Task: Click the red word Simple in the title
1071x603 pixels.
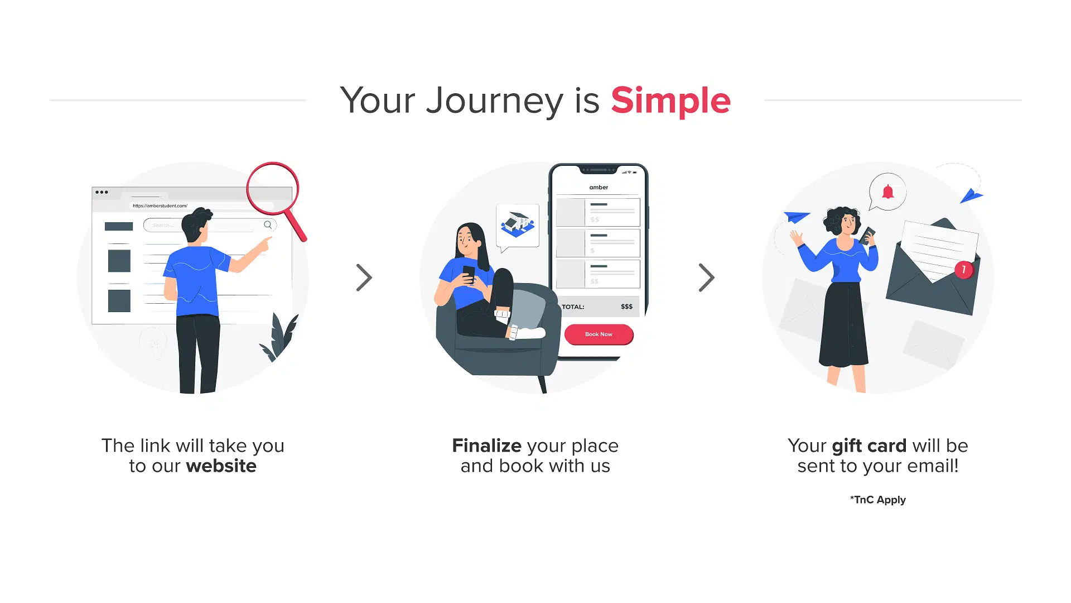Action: click(670, 101)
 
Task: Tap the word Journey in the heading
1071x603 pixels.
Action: click(494, 102)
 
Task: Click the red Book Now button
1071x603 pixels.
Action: click(599, 334)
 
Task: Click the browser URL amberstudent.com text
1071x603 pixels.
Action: click(160, 205)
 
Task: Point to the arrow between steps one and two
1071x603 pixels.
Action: click(364, 277)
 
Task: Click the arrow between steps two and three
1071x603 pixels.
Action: click(707, 277)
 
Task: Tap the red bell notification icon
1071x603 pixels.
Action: click(887, 192)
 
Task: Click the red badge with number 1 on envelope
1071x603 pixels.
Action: click(963, 270)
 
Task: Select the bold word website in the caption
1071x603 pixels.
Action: click(221, 466)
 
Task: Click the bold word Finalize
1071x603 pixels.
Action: click(487, 446)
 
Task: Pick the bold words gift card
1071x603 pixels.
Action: click(869, 446)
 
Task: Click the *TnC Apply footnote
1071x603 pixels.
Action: click(878, 500)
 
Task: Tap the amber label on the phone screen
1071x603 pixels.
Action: click(599, 188)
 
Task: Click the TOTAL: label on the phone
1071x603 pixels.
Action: click(573, 307)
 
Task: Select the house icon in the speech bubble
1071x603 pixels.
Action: click(518, 224)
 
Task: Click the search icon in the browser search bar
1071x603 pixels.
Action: click(268, 225)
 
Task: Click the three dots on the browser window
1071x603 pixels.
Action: click(102, 192)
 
